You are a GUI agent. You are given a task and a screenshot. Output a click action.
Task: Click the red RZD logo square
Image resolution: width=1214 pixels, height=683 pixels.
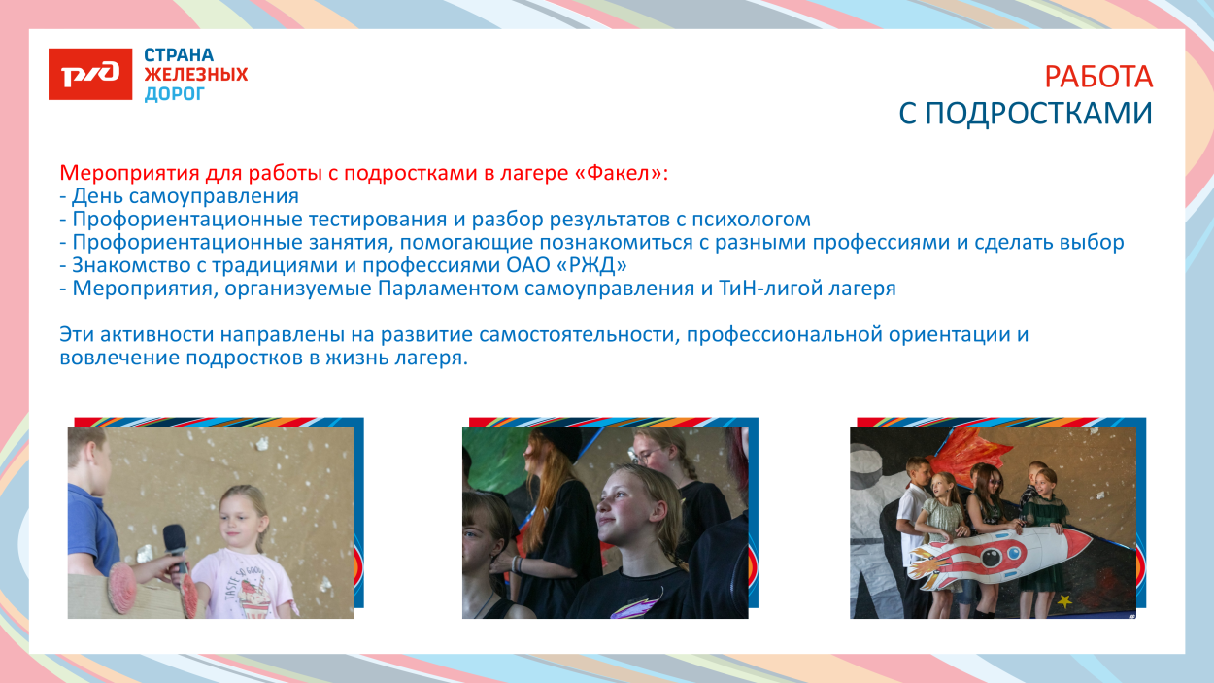(90, 73)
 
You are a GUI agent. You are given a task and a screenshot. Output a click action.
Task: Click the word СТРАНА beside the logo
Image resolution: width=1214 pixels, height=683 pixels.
(180, 55)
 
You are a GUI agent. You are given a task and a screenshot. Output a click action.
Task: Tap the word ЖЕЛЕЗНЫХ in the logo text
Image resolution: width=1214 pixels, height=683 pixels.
(196, 75)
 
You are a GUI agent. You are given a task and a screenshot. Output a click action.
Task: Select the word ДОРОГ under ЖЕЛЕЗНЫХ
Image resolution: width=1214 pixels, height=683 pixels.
(175, 94)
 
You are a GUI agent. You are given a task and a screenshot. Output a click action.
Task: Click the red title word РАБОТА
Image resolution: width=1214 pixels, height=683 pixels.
(1098, 77)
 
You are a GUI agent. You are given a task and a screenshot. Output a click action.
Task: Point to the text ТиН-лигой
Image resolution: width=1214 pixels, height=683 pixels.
(759, 289)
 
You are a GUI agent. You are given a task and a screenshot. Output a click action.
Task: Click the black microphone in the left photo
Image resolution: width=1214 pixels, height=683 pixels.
(175, 546)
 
